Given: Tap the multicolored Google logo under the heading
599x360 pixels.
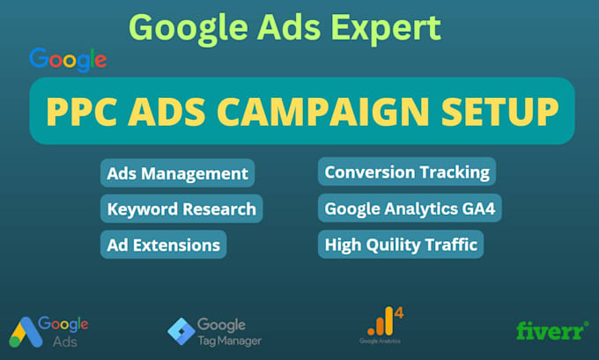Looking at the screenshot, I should pos(68,60).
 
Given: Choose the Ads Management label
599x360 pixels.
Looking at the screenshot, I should pos(177,173).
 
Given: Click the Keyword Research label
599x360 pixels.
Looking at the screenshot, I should pos(181,209).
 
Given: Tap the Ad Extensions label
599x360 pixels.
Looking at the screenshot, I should pos(164,244).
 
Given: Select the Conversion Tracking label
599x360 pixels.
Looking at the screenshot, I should pos(405,172).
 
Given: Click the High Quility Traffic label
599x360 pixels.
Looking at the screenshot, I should pos(401,244).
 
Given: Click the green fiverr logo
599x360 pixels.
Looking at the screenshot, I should pos(552,330).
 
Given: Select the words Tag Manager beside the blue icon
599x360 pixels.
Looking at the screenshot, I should pos(229,340).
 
